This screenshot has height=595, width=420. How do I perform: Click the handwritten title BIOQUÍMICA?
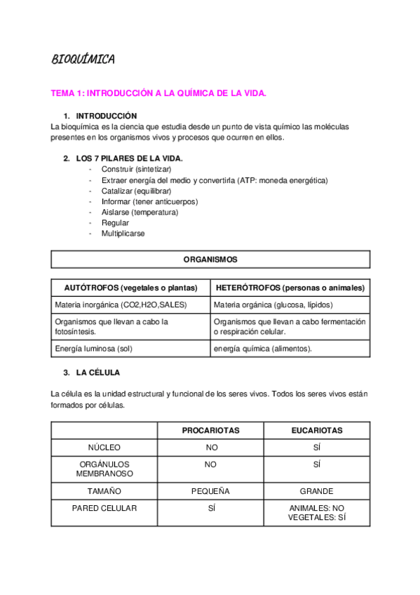(83, 60)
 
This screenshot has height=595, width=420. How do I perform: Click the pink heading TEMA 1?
(158, 93)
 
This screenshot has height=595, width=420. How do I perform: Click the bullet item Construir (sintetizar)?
(136, 170)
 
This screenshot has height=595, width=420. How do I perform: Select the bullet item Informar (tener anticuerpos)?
(149, 201)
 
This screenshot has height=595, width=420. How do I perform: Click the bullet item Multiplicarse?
(123, 234)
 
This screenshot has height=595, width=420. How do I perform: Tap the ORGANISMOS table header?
(210, 260)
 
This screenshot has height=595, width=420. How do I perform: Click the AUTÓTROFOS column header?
(130, 288)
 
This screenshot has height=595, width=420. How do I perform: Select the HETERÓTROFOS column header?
(290, 288)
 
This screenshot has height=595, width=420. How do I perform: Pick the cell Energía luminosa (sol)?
(93, 349)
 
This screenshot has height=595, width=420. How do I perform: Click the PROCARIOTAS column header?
(210, 430)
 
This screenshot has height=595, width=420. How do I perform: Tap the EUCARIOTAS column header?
(317, 430)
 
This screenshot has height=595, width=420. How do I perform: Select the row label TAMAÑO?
(104, 491)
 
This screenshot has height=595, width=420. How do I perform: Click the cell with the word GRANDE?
(317, 491)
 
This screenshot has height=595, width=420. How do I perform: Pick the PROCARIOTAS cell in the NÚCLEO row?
(210, 448)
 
